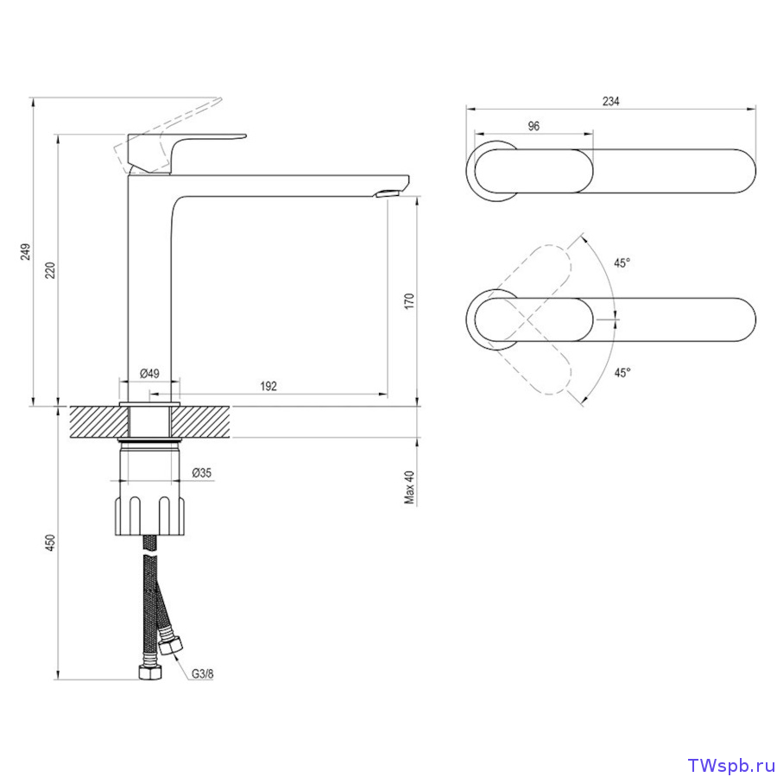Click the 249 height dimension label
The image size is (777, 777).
26,251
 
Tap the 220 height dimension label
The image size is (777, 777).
51,270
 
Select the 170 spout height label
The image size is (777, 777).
409,300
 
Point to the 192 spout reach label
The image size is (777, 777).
268,386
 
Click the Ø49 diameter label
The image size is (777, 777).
149,373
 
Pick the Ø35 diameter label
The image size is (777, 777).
202,473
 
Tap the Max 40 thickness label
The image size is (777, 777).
409,487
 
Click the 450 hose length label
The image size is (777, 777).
51,543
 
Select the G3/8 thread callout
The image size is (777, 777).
203,674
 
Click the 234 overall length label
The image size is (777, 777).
611,101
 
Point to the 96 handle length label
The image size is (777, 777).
534,126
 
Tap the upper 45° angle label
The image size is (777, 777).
622,262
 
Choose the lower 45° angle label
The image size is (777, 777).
622,373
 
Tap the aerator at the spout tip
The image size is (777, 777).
389,193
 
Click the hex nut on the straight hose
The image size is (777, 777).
149,672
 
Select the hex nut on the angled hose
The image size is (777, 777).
170,646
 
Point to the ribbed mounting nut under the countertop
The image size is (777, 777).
149,515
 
